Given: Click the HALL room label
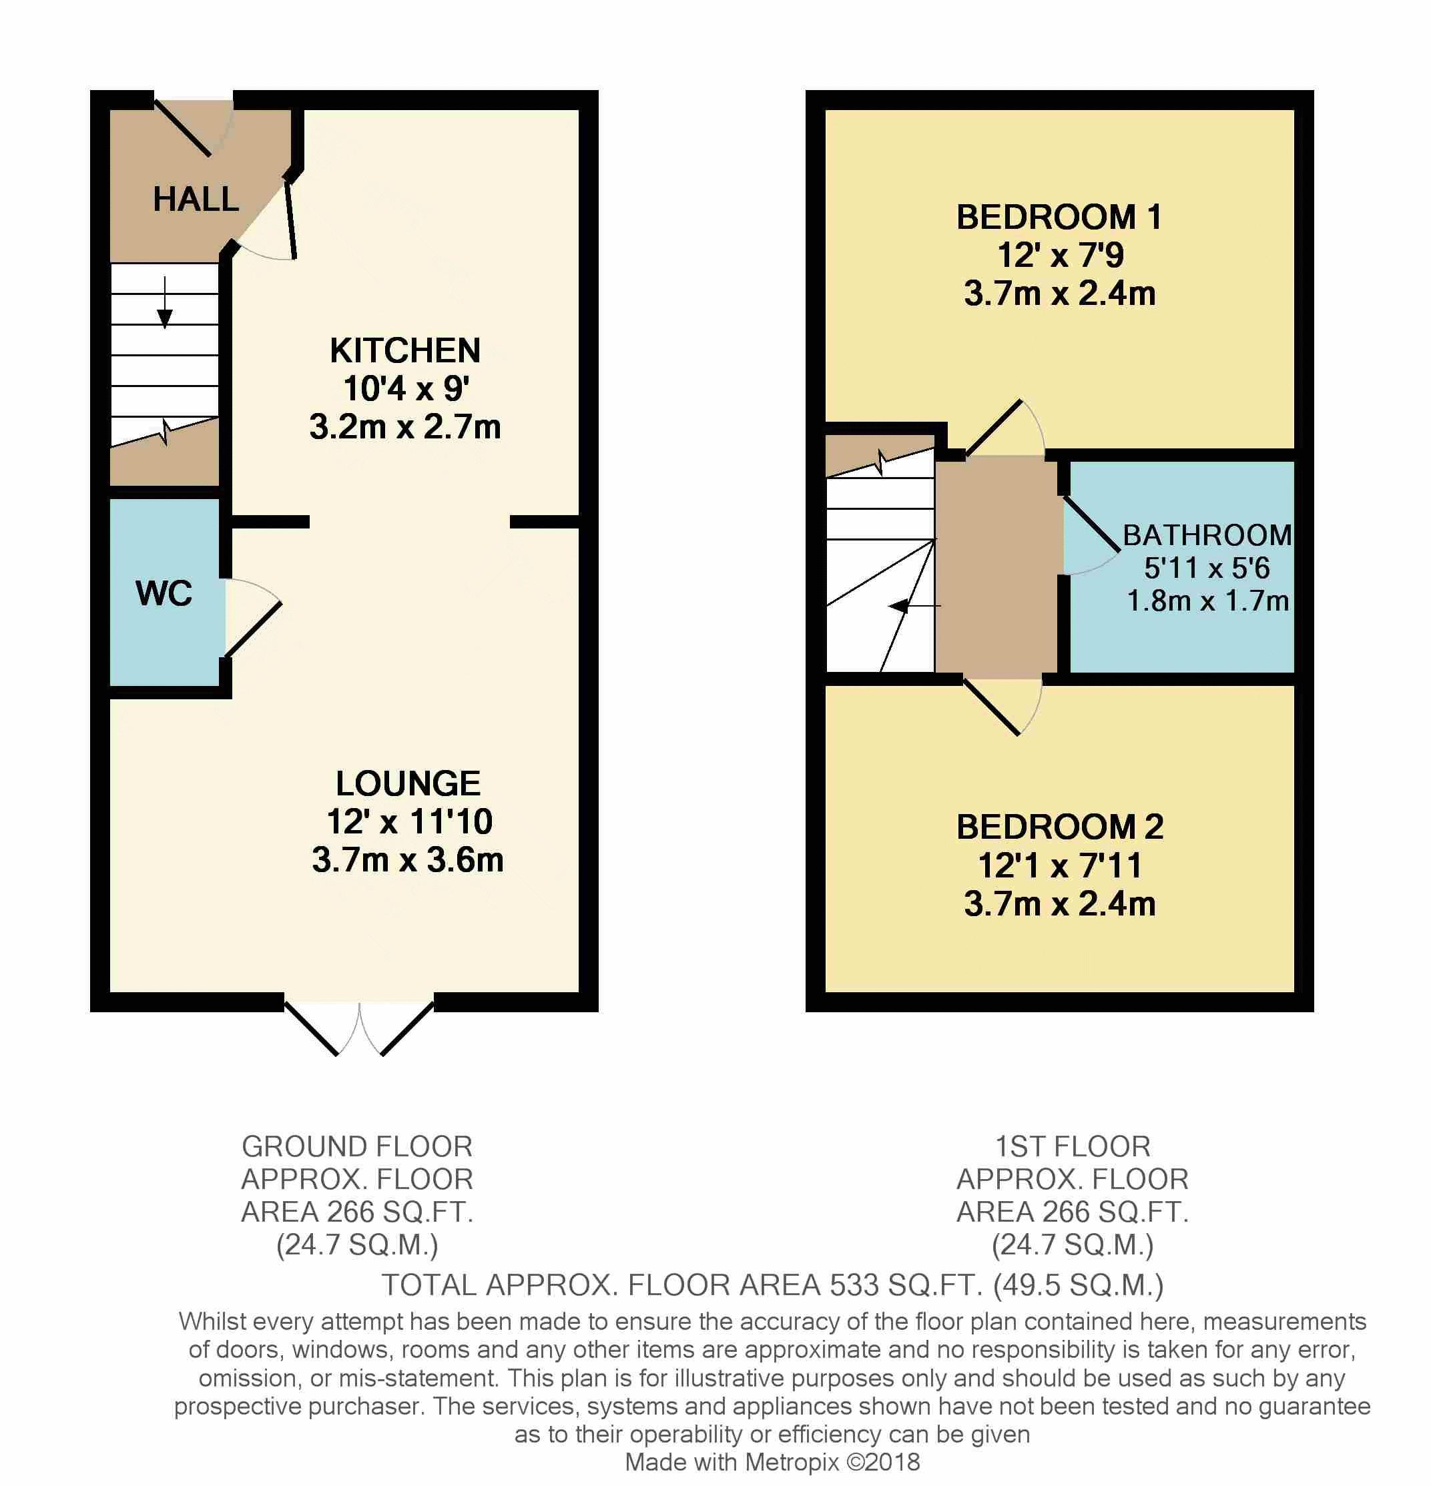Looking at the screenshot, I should coord(196,200).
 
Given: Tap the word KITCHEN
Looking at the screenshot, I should coord(405,351).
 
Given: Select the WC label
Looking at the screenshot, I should coord(164,593).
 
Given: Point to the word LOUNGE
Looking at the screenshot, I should coord(408,784).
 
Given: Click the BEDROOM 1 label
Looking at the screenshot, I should coord(1059,218).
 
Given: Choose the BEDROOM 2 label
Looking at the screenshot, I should coord(1059,827).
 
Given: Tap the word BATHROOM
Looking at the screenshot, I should coord(1207,535).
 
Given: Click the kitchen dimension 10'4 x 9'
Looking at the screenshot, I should coord(406,389).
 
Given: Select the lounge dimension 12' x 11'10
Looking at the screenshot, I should coord(410,822).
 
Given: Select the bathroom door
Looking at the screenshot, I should coord(1092,524).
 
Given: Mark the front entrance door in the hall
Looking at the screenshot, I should coord(184,127).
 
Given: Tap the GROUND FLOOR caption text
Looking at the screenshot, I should coord(357,1147).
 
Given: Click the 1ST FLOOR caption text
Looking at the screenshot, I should coord(1073,1147).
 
